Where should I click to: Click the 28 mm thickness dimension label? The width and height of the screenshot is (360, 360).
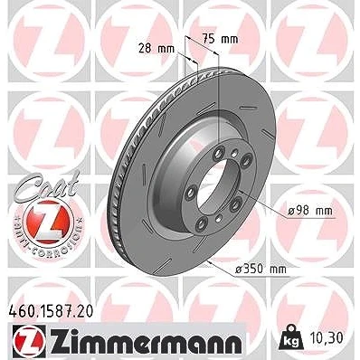click(x=156, y=48)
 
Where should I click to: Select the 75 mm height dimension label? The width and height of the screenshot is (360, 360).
click(x=220, y=39)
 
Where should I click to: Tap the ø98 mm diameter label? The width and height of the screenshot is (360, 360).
click(x=310, y=211)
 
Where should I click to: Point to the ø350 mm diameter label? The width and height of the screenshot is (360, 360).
click(x=261, y=269)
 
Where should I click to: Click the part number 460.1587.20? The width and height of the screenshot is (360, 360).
click(x=50, y=311)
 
